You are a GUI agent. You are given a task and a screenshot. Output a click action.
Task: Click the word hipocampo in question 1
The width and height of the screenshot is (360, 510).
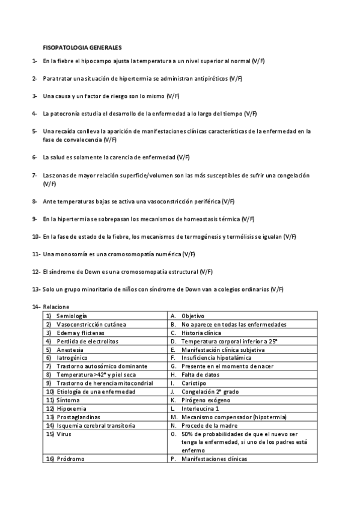click(99, 61)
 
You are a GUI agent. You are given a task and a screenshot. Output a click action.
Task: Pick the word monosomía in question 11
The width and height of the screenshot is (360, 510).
click(69, 254)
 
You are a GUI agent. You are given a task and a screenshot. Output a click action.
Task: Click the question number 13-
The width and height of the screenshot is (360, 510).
click(36, 289)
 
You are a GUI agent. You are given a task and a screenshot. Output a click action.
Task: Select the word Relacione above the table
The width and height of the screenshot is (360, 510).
click(56, 307)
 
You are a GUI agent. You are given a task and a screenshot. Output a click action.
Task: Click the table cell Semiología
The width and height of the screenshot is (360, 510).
click(72, 316)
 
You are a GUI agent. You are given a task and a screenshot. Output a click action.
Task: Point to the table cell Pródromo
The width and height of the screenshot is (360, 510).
click(70, 459)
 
